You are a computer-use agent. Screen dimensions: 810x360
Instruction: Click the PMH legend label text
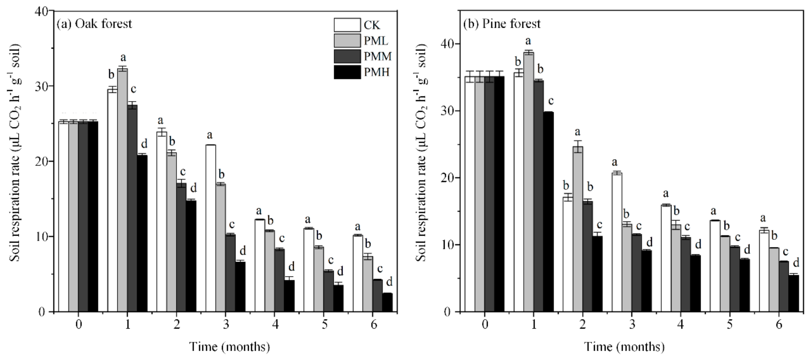point(376,73)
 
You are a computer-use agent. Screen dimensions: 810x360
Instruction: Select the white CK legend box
point(347,25)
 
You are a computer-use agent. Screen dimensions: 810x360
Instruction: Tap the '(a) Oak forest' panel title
point(94,24)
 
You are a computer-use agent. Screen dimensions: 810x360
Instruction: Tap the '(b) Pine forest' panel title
point(502,24)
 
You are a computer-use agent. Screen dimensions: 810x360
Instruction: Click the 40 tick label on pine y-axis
point(447,44)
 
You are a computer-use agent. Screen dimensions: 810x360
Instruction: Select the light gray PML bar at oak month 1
point(122,189)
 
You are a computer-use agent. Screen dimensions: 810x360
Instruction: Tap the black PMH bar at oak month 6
point(387,302)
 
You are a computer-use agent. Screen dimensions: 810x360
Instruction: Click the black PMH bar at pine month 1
point(548,211)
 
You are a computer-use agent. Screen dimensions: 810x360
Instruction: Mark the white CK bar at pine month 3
point(617,242)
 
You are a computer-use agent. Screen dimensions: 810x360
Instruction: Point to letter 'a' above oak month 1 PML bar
point(123,58)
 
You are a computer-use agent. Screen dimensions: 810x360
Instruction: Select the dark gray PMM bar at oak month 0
point(83,217)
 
